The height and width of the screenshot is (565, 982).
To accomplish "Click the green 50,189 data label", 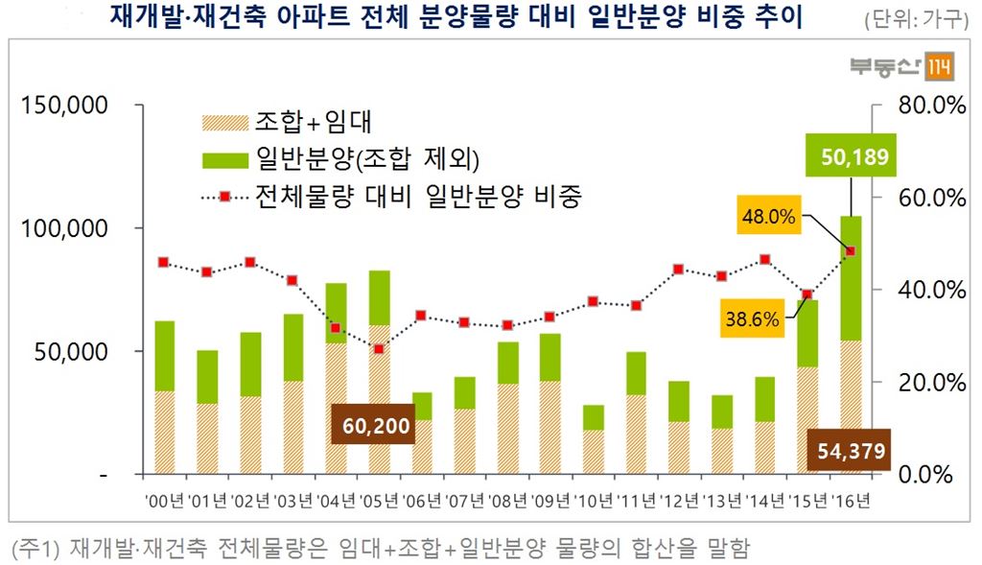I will coord(853,157).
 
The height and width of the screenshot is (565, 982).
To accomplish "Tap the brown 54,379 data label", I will coord(851,449).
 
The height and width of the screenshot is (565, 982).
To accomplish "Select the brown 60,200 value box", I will coord(372,424).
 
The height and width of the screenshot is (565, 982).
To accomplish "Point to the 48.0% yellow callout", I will coord(768,217).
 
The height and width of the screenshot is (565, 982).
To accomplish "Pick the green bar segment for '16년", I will coord(852,278).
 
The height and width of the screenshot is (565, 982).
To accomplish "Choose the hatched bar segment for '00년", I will coord(164,432).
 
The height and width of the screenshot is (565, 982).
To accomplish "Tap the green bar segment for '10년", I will coord(594,417).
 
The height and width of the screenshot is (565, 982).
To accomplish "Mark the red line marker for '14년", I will coord(764,259).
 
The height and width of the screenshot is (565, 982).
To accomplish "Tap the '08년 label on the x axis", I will coord(507,499).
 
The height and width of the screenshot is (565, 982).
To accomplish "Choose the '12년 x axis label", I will coord(679,499).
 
